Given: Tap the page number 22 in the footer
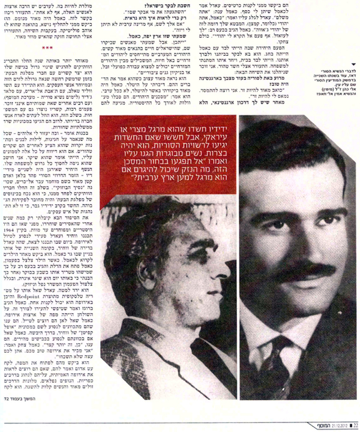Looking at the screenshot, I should pos(354,426).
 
